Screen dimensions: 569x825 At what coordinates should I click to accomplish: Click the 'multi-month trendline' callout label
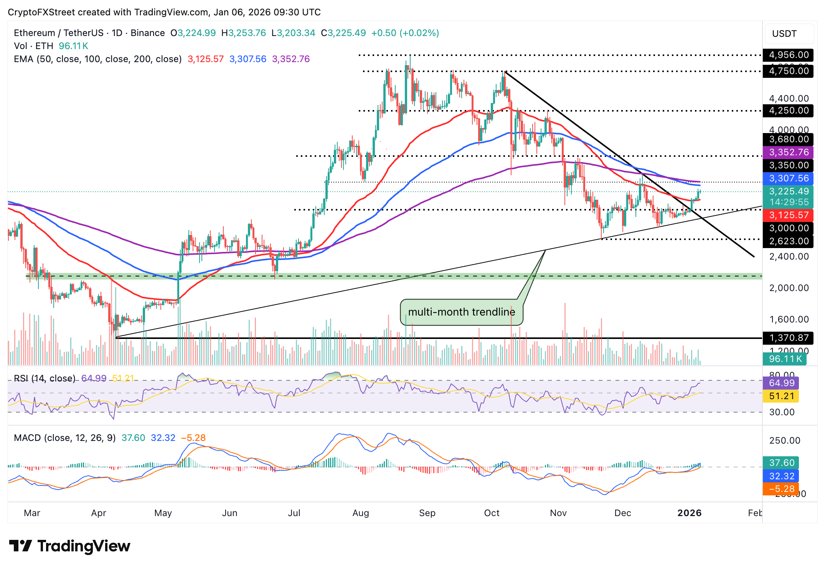pos(461,312)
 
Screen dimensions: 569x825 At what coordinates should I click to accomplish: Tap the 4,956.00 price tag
pos(788,55)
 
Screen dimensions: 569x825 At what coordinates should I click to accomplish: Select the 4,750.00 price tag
pos(788,71)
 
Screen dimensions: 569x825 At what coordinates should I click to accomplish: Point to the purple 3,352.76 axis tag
pos(788,152)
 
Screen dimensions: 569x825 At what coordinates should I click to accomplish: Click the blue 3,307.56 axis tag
pos(788,178)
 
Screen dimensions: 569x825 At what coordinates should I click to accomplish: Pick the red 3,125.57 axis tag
pos(788,215)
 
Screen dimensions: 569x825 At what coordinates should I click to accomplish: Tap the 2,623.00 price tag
pos(788,241)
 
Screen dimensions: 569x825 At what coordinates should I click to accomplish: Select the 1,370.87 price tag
pos(788,338)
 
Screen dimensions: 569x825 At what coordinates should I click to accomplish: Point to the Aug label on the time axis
pos(361,513)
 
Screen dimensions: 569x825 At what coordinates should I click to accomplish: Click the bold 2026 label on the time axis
pos(689,513)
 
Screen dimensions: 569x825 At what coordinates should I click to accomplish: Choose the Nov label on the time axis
pos(558,513)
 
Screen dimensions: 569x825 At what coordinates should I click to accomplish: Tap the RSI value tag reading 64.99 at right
pos(781,383)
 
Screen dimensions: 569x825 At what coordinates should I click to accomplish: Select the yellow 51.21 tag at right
pos(781,396)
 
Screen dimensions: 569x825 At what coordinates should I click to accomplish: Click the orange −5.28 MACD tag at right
pos(781,489)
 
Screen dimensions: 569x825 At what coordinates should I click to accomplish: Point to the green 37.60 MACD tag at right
pos(781,463)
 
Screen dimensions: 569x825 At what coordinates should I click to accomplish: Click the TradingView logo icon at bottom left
pos(20,546)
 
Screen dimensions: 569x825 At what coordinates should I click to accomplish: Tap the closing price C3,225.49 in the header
pos(343,33)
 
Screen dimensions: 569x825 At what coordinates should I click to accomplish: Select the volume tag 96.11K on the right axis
pos(785,359)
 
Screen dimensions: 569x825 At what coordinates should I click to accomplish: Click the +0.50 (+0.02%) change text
pos(405,33)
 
